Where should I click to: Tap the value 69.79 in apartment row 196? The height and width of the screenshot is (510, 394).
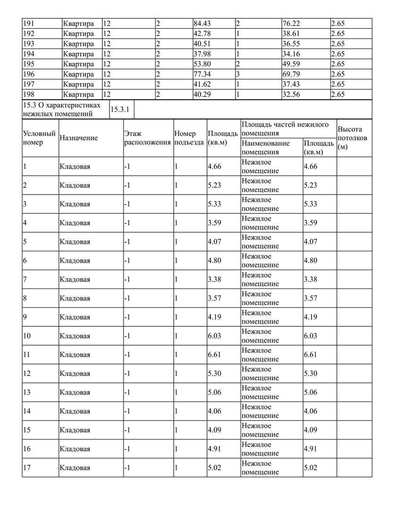(x=291, y=74)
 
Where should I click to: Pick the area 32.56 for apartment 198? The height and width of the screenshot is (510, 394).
(x=291, y=94)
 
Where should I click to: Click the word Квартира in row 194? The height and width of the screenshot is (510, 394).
(x=79, y=54)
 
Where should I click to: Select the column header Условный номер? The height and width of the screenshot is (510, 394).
(x=39, y=138)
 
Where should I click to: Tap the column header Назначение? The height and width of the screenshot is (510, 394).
(x=79, y=138)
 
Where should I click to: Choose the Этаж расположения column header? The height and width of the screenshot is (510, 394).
(x=147, y=138)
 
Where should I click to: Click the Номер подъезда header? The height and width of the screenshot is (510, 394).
(x=189, y=138)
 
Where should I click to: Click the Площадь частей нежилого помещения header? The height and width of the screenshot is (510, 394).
(x=285, y=128)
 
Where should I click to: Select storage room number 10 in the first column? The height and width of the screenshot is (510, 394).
(x=27, y=336)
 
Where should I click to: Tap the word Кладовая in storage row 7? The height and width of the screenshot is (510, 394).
(x=75, y=280)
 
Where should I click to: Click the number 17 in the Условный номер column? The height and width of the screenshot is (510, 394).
(x=27, y=468)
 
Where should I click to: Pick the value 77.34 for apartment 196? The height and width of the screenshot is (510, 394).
(x=202, y=74)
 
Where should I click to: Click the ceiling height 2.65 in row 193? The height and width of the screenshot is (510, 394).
(x=338, y=44)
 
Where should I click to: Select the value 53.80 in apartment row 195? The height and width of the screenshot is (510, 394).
(x=202, y=64)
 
